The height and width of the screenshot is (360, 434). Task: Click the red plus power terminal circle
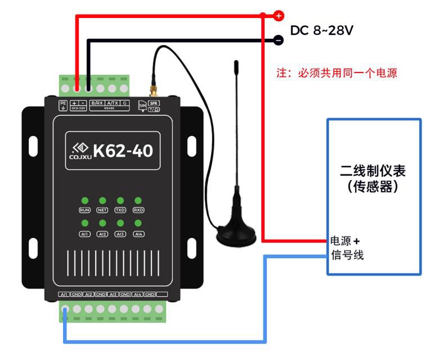(279, 16)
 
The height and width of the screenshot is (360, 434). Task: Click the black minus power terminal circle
(278, 39)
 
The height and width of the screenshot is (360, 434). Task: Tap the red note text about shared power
(337, 73)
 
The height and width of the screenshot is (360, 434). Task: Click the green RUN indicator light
(84, 200)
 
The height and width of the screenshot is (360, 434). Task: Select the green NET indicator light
(102, 200)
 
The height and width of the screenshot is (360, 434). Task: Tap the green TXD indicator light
(120, 200)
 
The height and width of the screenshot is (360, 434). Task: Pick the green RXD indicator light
(138, 200)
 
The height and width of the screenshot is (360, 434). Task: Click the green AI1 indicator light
(84, 224)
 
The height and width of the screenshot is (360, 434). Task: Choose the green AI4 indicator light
(138, 224)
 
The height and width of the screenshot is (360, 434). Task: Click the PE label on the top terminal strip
(63, 103)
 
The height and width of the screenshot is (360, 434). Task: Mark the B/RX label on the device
(97, 103)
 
